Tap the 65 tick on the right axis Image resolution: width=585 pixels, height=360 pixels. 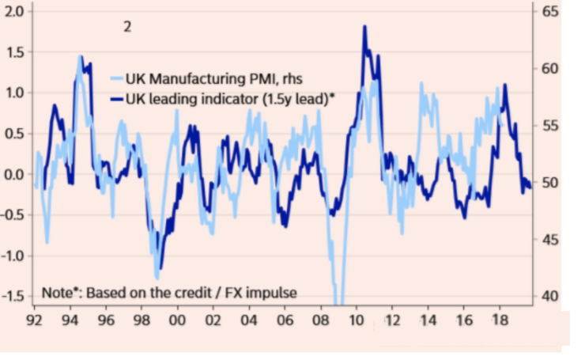(550, 12)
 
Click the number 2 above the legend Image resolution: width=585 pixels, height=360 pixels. (126, 26)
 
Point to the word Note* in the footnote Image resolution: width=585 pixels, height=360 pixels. (62, 293)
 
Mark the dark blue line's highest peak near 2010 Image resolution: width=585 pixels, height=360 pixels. (364, 27)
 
